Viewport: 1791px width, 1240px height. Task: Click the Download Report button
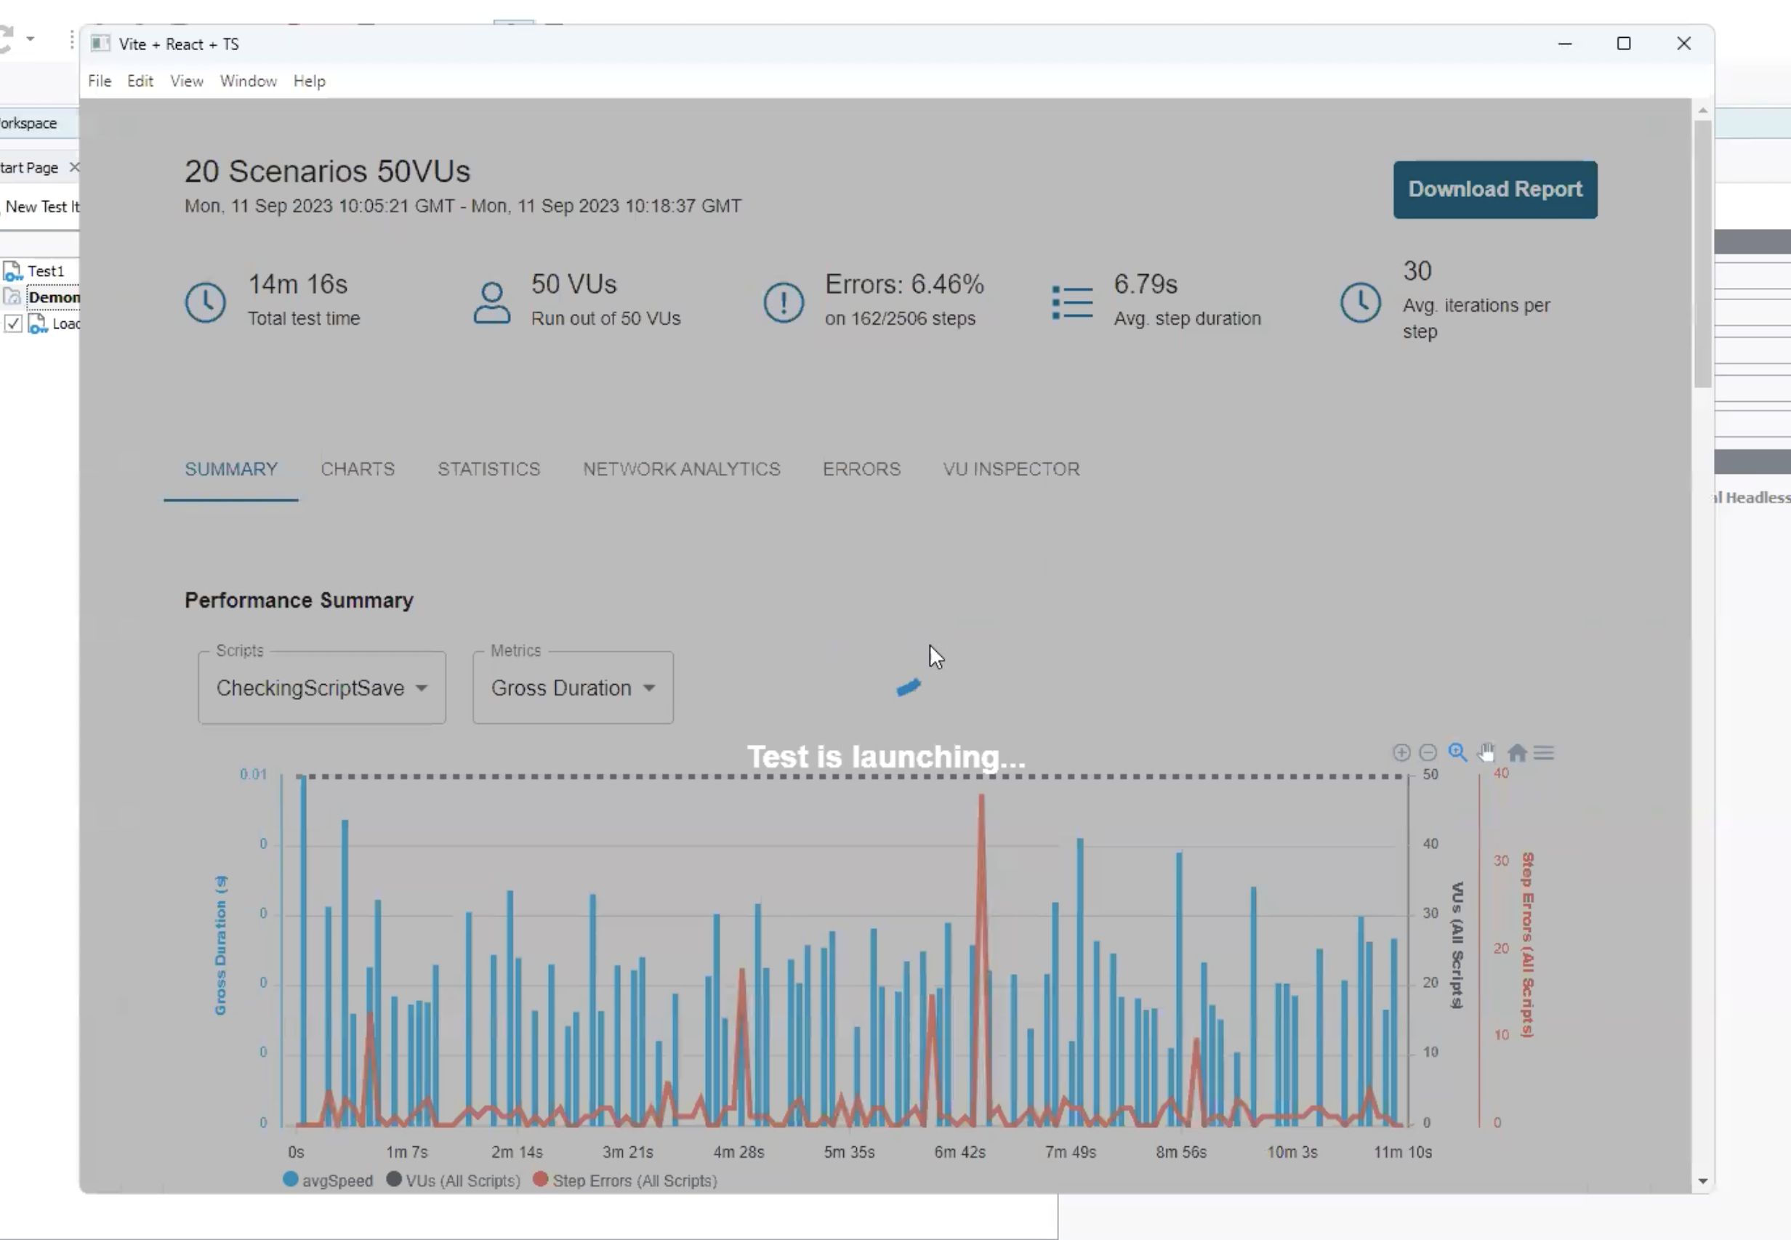pyautogui.click(x=1494, y=190)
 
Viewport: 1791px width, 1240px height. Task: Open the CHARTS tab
pyautogui.click(x=358, y=470)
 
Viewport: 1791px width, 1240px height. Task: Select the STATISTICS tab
pyautogui.click(x=488, y=470)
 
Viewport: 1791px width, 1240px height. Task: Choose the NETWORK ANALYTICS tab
pyautogui.click(x=681, y=470)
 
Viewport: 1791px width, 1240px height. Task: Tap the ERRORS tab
pyautogui.click(x=861, y=470)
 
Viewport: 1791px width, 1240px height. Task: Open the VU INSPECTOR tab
pyautogui.click(x=1011, y=470)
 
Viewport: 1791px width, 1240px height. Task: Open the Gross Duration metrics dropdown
pyautogui.click(x=573, y=688)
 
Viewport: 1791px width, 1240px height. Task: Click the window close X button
pyautogui.click(x=1683, y=44)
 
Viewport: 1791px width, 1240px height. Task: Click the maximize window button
pyautogui.click(x=1623, y=44)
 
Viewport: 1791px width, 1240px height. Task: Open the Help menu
pyautogui.click(x=309, y=81)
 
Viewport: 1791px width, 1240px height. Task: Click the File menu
pyautogui.click(x=100, y=81)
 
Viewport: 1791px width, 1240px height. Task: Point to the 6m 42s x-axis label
pyautogui.click(x=959, y=1151)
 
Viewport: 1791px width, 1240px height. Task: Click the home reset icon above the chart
pyautogui.click(x=1516, y=752)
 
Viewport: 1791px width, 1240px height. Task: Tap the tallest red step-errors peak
pyautogui.click(x=981, y=797)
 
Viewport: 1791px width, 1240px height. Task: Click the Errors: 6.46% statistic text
pyautogui.click(x=903, y=284)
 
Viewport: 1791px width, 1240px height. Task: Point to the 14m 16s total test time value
pyautogui.click(x=297, y=284)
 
